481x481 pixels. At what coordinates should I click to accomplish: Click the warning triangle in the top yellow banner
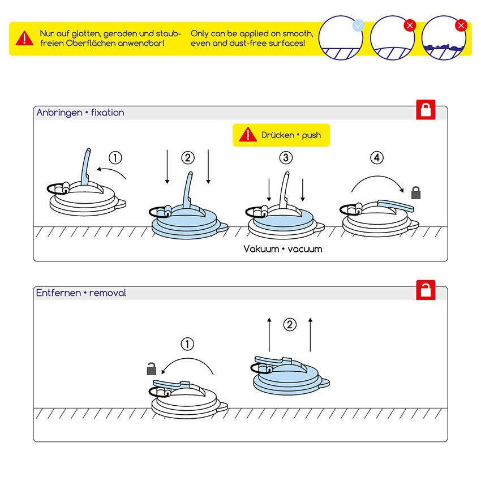click(x=24, y=38)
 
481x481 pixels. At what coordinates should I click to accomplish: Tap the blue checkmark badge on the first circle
click(x=358, y=25)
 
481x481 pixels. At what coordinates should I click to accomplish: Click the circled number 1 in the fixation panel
click(x=115, y=158)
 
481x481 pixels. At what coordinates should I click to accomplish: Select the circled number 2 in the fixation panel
click(x=188, y=158)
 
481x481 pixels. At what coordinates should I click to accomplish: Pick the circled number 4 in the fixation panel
click(x=377, y=158)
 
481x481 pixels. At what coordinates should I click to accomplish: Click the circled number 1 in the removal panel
click(x=187, y=343)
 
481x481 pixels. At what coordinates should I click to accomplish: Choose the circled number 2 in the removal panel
click(x=290, y=325)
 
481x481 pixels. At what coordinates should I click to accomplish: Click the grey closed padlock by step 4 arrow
click(x=416, y=192)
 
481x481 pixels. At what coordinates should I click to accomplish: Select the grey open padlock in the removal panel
click(x=151, y=369)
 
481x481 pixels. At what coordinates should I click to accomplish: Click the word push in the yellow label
click(x=311, y=135)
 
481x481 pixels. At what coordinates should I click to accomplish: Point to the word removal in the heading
click(x=108, y=293)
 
